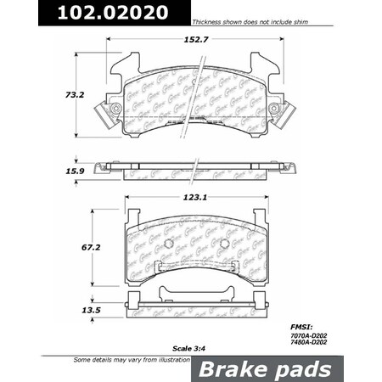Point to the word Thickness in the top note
(x=209, y=21)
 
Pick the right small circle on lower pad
(x=224, y=244)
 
